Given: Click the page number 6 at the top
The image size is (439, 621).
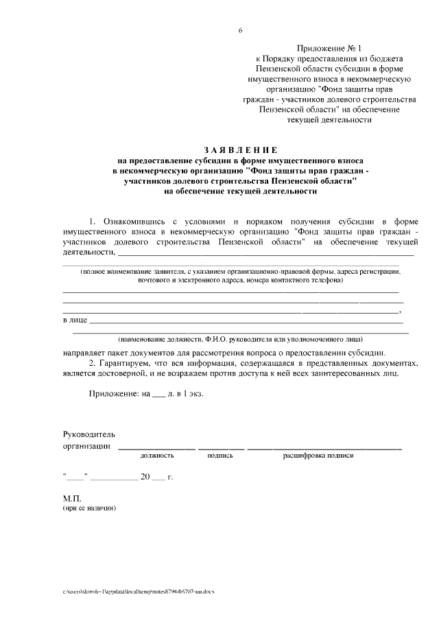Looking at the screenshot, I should pos(240,31).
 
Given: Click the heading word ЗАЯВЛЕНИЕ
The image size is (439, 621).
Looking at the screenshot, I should pos(240,150).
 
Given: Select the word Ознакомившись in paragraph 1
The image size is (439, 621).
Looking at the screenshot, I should pos(135,222).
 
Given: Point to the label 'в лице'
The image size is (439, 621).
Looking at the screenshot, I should pos(74,320).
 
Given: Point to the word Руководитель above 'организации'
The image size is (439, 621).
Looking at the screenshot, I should pos(89,434).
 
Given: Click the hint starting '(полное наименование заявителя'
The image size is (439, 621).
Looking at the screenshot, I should pos(240,272).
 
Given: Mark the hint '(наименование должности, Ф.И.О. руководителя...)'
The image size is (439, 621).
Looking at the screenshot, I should pos(240,339).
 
